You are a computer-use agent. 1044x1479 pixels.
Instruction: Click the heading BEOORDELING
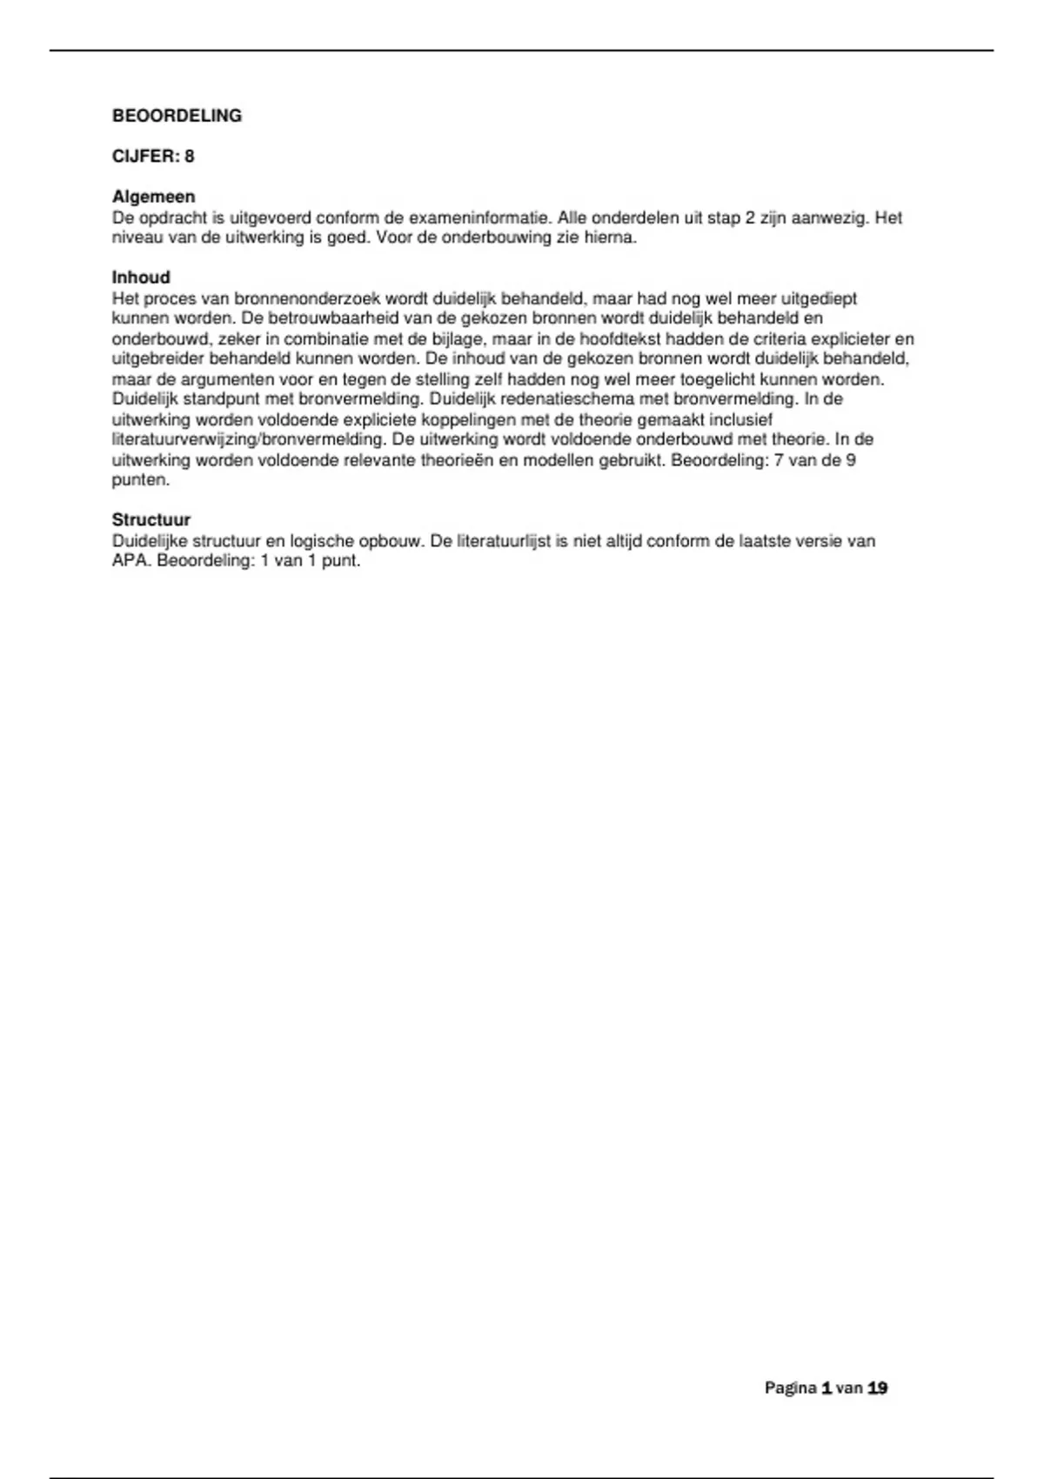tap(177, 116)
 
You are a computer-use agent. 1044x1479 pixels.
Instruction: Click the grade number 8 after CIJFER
tap(189, 157)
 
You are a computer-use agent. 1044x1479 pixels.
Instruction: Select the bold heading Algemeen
tap(153, 197)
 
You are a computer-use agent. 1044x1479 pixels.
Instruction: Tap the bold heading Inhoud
tap(141, 278)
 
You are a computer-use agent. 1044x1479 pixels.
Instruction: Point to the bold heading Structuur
tap(151, 520)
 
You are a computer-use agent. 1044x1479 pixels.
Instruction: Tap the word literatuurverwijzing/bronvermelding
tap(247, 439)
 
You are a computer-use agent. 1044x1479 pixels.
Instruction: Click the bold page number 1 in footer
tap(826, 1389)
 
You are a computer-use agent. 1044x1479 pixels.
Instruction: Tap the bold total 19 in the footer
tap(877, 1389)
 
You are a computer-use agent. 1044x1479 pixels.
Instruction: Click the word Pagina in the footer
tap(790, 1389)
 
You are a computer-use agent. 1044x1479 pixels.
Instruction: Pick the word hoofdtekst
tap(620, 339)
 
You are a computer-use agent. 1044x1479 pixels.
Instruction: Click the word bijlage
tap(457, 339)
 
